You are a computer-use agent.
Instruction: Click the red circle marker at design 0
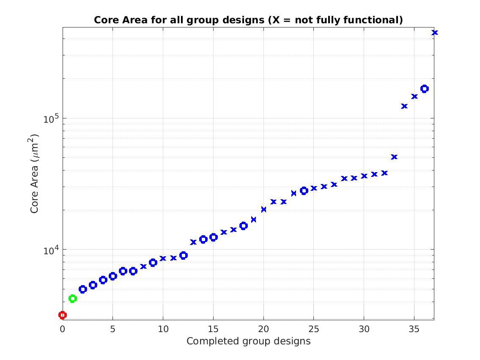63,315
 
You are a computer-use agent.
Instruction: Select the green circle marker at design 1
73,299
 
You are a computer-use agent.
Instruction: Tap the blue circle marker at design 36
425,88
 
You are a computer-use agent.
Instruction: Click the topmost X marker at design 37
434,33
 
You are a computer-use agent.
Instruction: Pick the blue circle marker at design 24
304,191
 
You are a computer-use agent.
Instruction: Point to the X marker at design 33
394,157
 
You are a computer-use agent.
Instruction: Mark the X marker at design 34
404,106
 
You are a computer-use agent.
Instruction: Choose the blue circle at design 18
244,226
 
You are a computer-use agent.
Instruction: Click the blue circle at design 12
183,256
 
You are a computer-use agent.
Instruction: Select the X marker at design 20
264,209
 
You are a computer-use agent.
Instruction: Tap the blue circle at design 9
153,263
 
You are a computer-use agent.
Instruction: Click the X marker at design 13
193,242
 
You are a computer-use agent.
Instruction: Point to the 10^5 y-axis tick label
50,119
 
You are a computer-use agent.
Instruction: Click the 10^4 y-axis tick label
50,250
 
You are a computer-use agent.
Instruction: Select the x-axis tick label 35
414,329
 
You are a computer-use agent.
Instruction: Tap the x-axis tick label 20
263,329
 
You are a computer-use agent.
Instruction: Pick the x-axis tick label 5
113,329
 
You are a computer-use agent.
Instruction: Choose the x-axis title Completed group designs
248,341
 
